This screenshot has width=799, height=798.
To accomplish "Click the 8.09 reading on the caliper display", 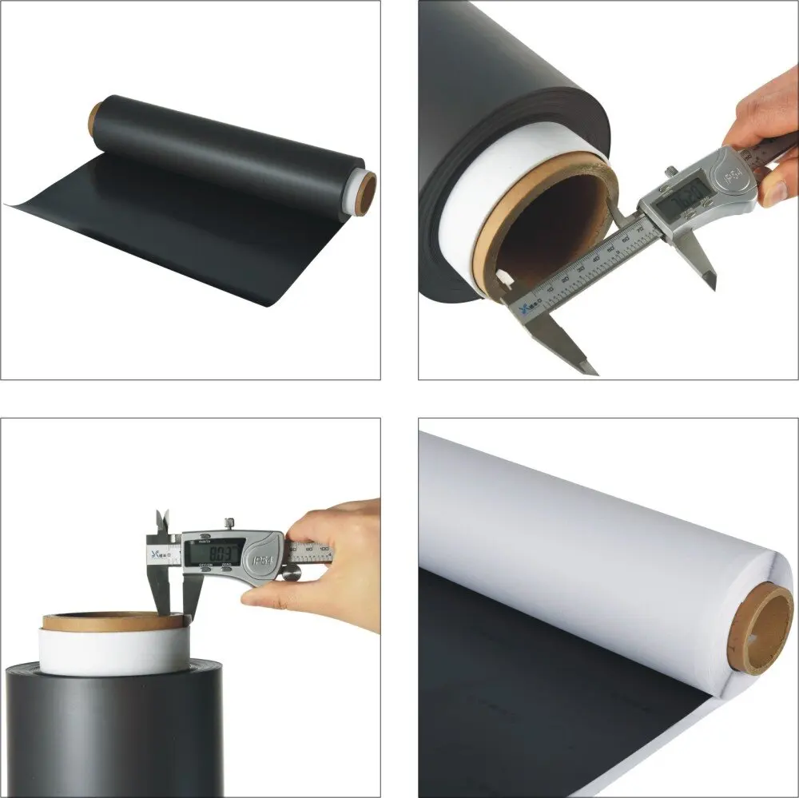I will tap(214, 554).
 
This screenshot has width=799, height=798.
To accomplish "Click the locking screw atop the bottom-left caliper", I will tap(229, 523).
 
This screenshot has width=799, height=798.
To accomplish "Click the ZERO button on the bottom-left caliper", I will tap(228, 570).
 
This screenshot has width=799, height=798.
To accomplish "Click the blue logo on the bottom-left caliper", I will tap(153, 551).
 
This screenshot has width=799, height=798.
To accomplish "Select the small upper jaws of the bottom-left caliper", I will tap(163, 521).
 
